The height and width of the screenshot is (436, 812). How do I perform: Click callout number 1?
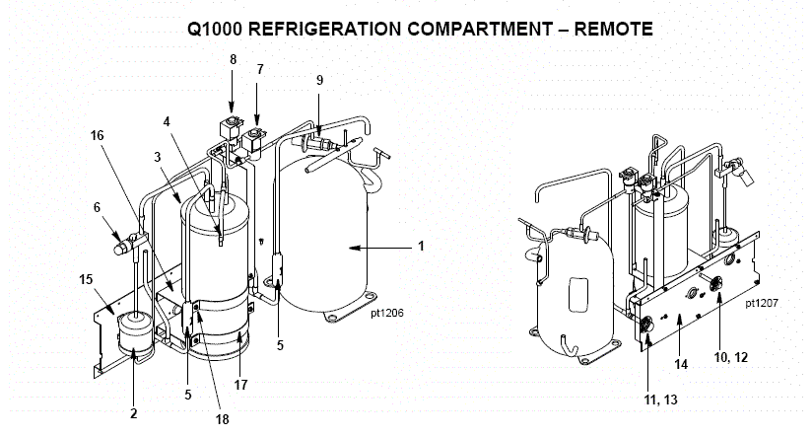(421, 246)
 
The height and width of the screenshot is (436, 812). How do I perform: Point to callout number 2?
(134, 413)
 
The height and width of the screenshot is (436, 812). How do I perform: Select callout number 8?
(233, 59)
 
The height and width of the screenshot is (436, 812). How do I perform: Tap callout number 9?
(319, 79)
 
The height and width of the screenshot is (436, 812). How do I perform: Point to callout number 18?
(222, 419)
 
